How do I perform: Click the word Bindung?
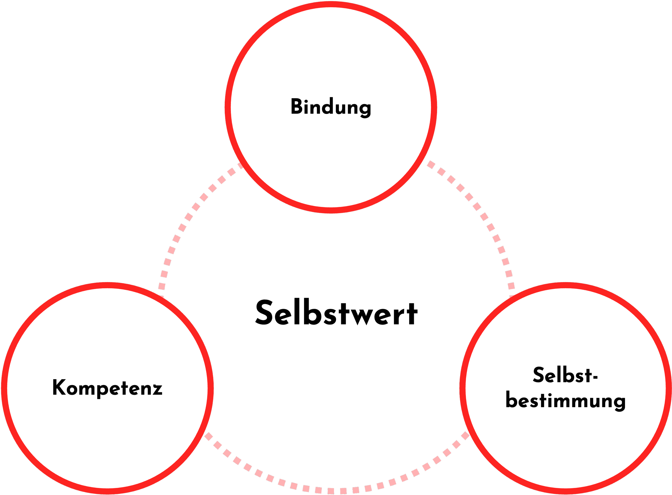coord(331,107)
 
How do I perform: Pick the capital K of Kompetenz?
coord(59,387)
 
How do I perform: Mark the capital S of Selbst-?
coord(539,375)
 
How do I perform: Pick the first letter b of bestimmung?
coord(511,400)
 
